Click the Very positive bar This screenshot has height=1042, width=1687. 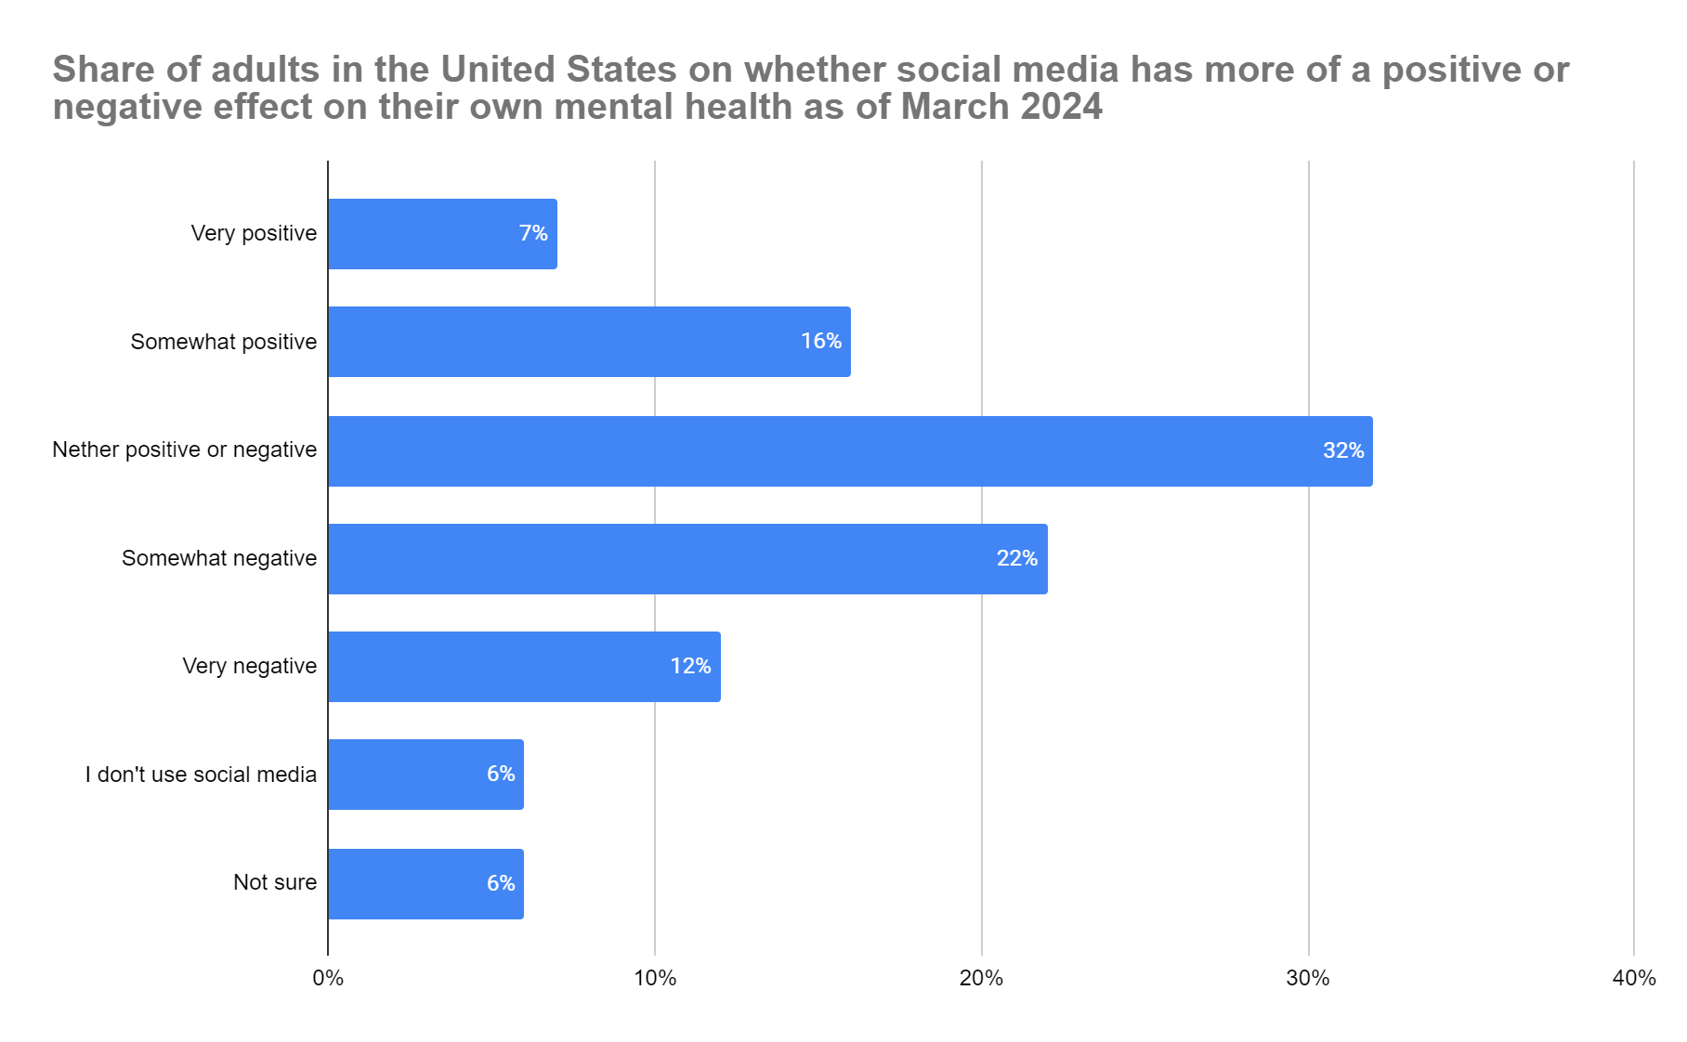442,234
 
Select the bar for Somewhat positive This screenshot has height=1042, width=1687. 589,342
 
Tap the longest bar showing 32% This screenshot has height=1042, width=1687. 850,451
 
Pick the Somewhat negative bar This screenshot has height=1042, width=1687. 687,559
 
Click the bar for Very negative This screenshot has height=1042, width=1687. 524,667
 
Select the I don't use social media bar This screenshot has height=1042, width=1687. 425,775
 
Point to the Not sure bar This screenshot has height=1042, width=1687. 425,884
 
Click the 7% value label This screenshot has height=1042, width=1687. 533,234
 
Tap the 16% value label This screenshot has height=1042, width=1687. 821,342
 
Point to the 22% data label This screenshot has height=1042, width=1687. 1016,559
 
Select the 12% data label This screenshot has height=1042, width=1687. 690,667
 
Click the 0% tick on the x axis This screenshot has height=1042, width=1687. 328,978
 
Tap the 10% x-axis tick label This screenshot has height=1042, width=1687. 655,978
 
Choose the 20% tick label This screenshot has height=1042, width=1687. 981,978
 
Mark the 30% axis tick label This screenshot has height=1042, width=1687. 1308,978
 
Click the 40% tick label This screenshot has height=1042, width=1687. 1634,978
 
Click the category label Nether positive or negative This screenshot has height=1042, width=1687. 184,450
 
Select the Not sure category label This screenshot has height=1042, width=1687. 275,882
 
